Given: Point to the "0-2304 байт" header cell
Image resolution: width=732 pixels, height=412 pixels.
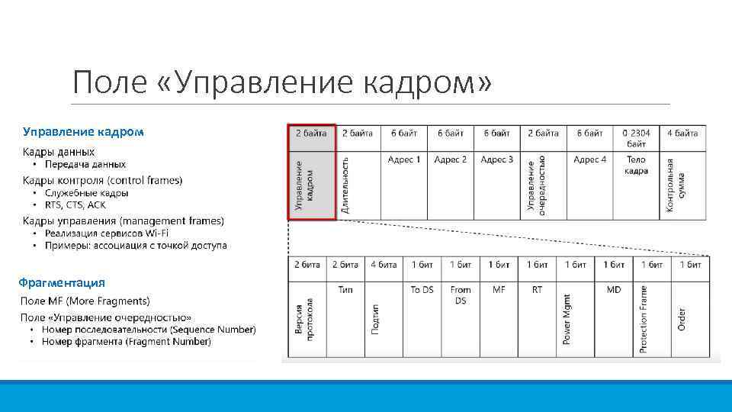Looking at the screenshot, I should (x=636, y=138).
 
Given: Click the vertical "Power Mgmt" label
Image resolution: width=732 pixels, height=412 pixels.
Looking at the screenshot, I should (x=567, y=319).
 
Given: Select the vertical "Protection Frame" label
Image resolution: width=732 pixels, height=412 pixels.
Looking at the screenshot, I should (x=644, y=319).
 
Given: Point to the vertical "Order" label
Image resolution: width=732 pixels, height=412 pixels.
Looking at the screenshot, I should (x=681, y=319).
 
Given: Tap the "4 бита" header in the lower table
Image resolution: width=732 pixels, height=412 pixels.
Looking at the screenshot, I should (x=384, y=265).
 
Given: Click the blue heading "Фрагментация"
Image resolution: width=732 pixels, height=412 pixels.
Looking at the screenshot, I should (x=63, y=282).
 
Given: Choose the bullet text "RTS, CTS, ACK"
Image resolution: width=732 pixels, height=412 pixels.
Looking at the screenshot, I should (x=75, y=205).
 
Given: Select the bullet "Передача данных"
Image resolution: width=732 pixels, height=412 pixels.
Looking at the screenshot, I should (x=85, y=164).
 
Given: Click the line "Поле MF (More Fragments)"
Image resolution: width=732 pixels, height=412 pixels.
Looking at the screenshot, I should (x=85, y=301).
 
